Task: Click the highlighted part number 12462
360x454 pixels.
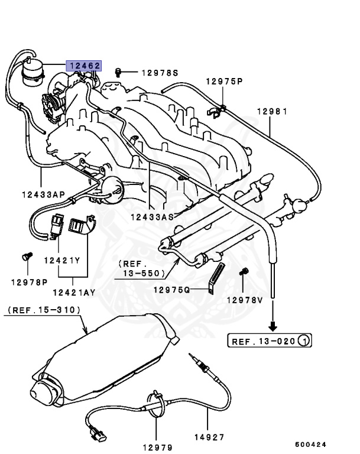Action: point(83,67)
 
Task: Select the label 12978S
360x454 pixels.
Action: point(159,73)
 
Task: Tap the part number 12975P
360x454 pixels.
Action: point(224,81)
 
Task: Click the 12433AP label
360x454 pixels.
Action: point(43,193)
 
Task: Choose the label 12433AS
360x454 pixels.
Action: point(153,216)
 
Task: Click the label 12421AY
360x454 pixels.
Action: point(74,292)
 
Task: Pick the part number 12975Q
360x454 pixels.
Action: point(171,290)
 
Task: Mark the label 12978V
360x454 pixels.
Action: point(244,300)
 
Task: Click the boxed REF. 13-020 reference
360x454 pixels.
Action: point(270,340)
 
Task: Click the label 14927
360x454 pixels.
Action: point(209,438)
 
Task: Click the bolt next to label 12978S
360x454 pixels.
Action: point(118,72)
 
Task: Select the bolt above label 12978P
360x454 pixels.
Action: point(25,257)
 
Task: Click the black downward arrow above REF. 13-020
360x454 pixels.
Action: point(273,325)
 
